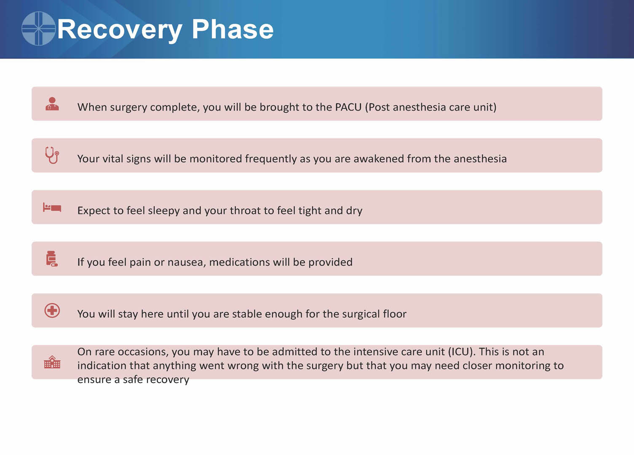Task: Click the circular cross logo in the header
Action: click(38, 28)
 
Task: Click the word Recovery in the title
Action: click(120, 30)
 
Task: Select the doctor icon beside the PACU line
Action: click(52, 104)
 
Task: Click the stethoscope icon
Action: click(52, 155)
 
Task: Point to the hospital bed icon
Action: click(52, 207)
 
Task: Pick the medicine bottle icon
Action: click(52, 258)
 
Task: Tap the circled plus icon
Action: click(52, 310)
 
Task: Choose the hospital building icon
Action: click(52, 362)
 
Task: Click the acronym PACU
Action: click(348, 107)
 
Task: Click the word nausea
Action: click(186, 262)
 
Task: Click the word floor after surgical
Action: click(395, 314)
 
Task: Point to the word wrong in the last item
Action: click(241, 366)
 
